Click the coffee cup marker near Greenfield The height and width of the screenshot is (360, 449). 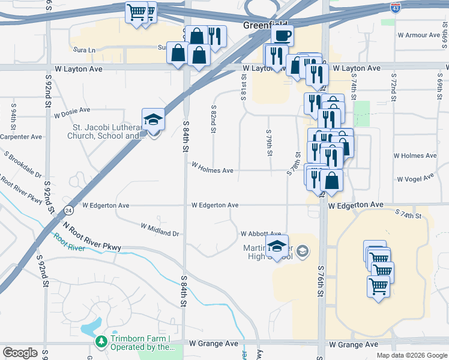(282, 35)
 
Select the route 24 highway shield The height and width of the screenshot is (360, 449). (70, 211)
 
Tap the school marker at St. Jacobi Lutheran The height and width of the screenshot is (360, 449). (153, 120)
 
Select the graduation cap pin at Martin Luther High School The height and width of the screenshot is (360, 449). (277, 247)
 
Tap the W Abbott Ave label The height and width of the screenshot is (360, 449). (261, 234)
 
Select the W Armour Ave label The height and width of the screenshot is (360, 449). (419, 35)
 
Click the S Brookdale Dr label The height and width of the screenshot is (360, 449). (23, 165)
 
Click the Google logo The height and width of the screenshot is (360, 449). (20, 353)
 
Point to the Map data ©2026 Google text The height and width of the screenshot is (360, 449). (412, 355)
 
